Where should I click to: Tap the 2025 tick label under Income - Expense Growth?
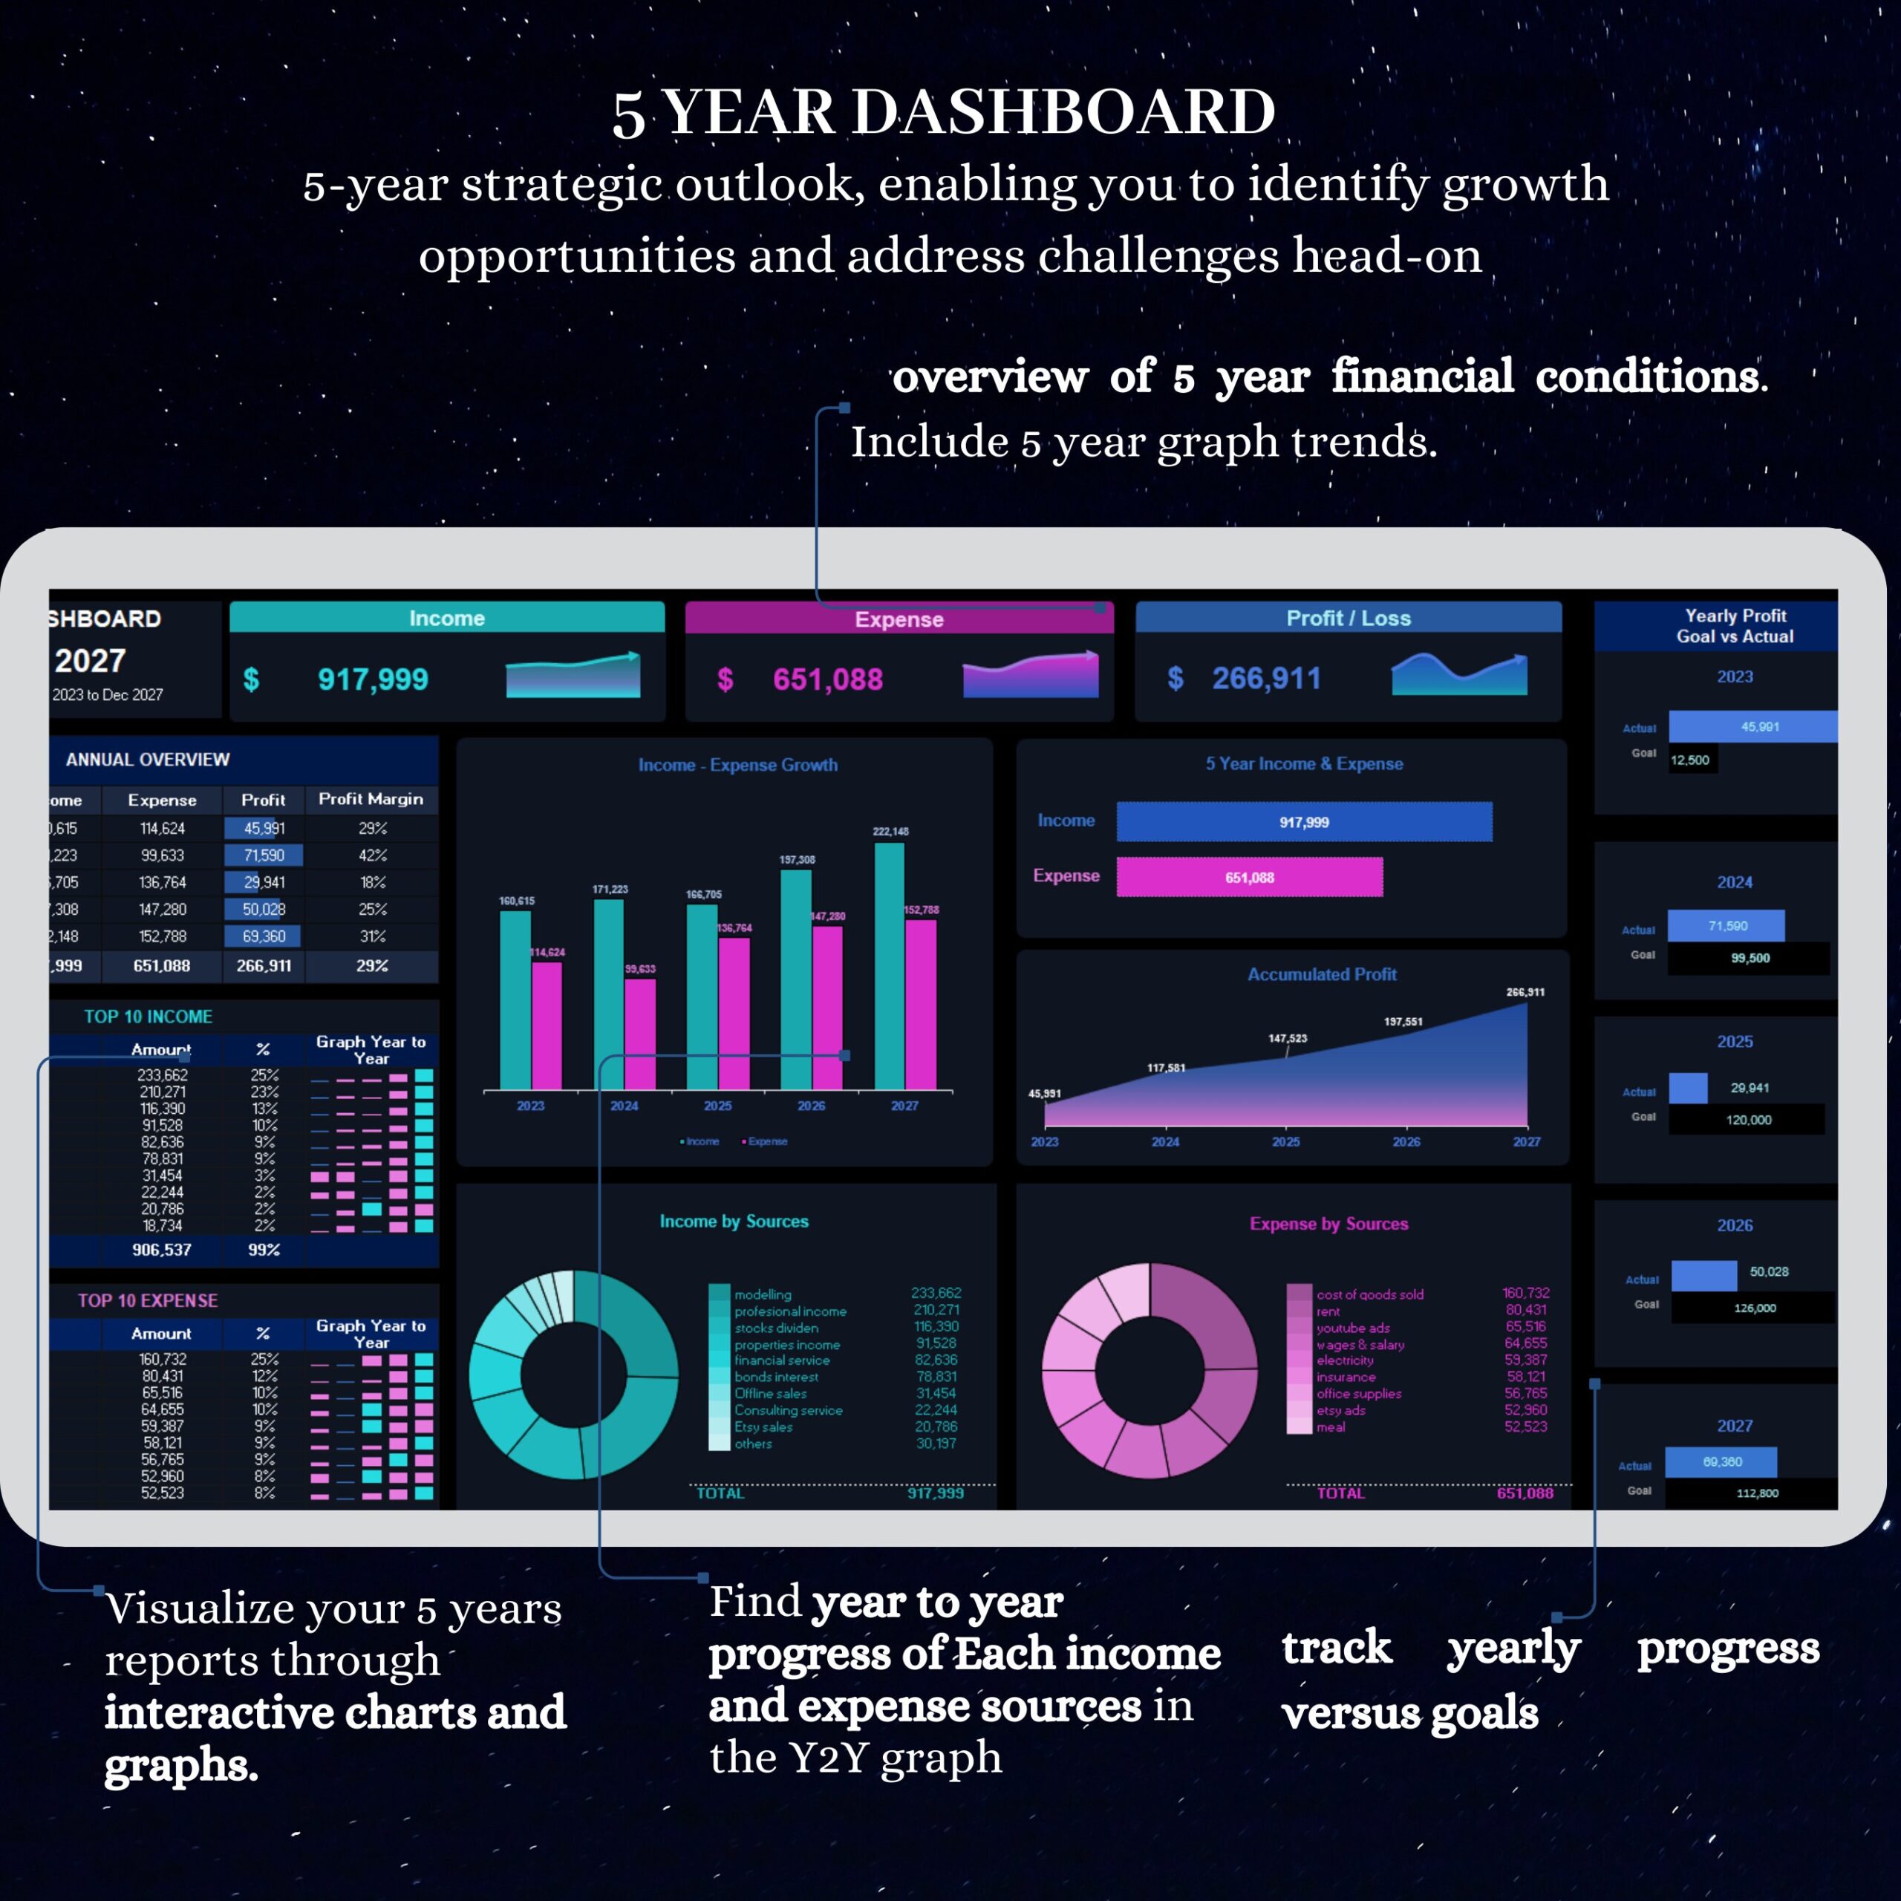717,1106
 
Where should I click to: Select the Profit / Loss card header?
1348,618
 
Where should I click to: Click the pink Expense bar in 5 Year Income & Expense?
1248,877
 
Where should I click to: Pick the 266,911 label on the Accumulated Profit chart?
1525,992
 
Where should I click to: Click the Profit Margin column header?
371,799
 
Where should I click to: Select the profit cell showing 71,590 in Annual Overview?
264,855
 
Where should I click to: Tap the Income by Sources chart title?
734,1221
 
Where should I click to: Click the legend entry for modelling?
763,1294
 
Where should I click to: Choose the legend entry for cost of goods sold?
1369,1294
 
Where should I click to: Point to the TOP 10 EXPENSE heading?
148,1300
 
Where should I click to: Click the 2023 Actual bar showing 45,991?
1752,726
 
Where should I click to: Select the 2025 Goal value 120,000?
1749,1120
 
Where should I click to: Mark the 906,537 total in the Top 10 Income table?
161,1250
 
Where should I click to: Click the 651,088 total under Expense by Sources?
1525,1493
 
